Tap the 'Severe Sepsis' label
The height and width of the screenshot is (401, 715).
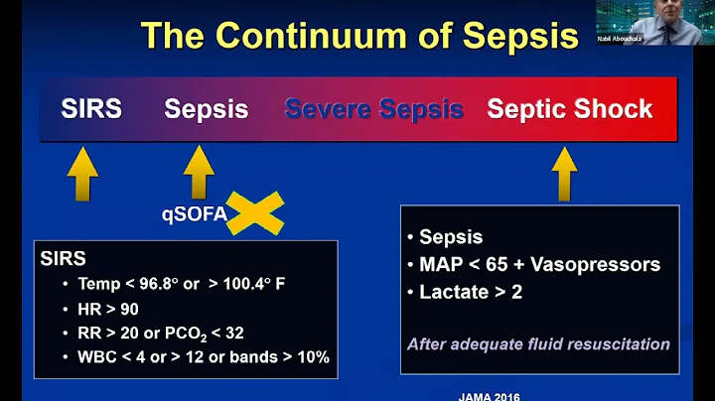coord(374,108)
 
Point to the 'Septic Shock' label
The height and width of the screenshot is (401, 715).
coord(569,108)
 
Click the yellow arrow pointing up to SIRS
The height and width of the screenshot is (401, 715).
coord(82,174)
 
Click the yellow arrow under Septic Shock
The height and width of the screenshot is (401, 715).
coord(564,174)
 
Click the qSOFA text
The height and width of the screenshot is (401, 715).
coord(193,212)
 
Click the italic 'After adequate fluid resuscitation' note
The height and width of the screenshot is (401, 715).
coord(537,344)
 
